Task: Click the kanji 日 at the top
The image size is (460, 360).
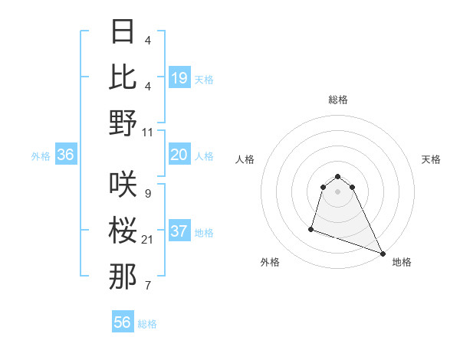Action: [123, 32]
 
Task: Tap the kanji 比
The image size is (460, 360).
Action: [123, 77]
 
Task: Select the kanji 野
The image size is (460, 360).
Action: [123, 123]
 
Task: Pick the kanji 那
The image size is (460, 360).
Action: [123, 276]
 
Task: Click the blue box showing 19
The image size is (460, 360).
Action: [179, 78]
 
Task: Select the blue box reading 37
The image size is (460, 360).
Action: [179, 232]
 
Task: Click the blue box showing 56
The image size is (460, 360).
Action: [123, 323]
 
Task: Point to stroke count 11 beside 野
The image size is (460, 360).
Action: [148, 133]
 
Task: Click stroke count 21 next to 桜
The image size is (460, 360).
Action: [148, 240]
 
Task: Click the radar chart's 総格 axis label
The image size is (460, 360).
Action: [338, 100]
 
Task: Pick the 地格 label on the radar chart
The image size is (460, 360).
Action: [402, 262]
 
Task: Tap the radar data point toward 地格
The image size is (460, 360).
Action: [383, 253]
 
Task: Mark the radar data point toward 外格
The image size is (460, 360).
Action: [311, 228]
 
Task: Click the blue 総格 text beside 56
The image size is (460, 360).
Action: [147, 324]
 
